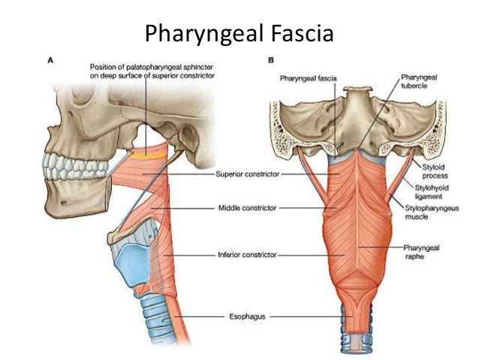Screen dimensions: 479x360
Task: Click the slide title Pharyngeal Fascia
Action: tap(239, 34)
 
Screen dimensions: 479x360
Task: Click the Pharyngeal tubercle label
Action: tap(421, 80)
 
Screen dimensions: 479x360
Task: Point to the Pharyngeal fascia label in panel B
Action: tap(308, 77)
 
